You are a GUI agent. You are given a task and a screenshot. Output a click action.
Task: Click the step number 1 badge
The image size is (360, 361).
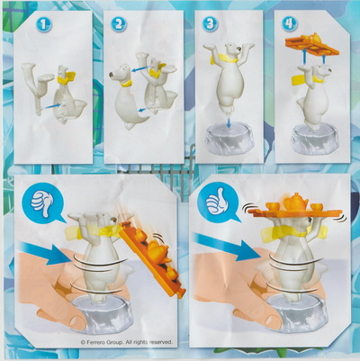click(44, 24)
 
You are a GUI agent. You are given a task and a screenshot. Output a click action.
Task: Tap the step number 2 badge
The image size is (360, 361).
click(119, 24)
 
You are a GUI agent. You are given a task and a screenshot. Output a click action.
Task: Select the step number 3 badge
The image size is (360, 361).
click(210, 24)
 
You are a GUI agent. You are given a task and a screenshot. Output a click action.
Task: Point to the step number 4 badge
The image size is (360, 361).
click(290, 23)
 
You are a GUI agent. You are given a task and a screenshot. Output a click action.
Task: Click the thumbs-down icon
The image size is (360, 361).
click(42, 204)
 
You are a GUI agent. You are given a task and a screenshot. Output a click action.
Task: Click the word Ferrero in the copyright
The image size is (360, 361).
click(96, 342)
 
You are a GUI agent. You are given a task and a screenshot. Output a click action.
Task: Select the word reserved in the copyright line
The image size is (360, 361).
click(161, 342)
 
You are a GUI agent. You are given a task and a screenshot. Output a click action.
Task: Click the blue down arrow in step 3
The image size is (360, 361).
click(229, 123)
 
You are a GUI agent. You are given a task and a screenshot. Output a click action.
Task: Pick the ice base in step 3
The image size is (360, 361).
click(229, 142)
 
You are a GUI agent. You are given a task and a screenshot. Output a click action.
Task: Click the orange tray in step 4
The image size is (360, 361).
click(312, 46)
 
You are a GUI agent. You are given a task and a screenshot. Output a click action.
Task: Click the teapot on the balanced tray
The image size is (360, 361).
click(295, 201)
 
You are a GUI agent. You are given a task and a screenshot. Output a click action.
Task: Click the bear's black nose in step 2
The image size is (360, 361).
click(112, 74)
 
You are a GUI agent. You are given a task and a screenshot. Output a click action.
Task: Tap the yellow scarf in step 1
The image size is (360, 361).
click(67, 78)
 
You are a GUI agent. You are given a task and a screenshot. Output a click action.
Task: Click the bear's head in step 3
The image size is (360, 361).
click(232, 49)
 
